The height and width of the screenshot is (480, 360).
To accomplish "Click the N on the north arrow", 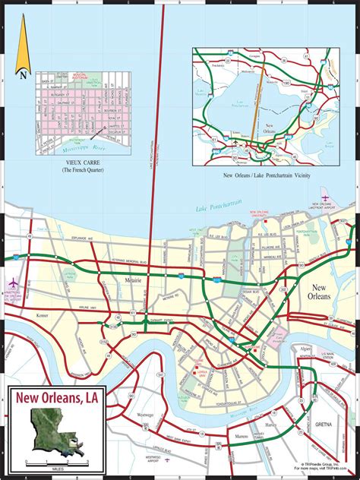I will tap(24, 74).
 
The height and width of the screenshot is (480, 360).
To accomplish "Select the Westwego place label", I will tap(146, 415).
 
